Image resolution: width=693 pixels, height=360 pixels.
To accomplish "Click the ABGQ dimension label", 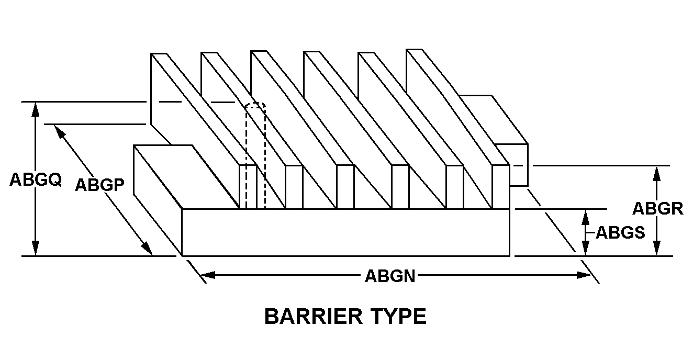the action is coord(36,179).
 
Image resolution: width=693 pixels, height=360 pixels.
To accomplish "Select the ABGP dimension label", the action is coord(99,185).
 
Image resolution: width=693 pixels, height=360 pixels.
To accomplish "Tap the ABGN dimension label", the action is coord(390,276).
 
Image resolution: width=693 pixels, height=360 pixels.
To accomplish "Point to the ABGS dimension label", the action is coord(620,232).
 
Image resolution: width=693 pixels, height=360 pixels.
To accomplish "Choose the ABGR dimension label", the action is coord(658,208).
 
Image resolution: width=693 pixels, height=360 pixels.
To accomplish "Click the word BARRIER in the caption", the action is coord(313,316).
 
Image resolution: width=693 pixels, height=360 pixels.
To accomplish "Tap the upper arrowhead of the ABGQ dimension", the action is coord(36,109).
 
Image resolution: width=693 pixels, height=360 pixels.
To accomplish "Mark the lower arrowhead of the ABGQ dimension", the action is coord(36,249).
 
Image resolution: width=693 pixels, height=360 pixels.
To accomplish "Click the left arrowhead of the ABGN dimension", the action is coord(208,275).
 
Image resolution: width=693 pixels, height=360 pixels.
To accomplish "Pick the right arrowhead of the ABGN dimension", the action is coord(584,275).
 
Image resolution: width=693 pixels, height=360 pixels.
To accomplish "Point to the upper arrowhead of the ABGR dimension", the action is coord(656,174).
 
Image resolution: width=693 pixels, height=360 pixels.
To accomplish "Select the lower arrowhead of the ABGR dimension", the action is coord(656,249).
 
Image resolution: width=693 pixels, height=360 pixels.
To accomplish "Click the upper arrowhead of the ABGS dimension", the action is coord(585,217).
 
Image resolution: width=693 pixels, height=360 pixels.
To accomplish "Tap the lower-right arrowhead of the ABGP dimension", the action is coord(147,249).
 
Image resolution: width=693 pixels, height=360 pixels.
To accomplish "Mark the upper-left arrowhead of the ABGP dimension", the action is coord(60,132).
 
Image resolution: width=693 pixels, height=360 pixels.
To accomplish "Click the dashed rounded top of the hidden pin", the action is coord(255,105).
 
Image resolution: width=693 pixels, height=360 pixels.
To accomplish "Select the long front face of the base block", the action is coord(345,232).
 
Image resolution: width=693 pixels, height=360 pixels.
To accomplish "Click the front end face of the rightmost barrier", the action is coord(500,187).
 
